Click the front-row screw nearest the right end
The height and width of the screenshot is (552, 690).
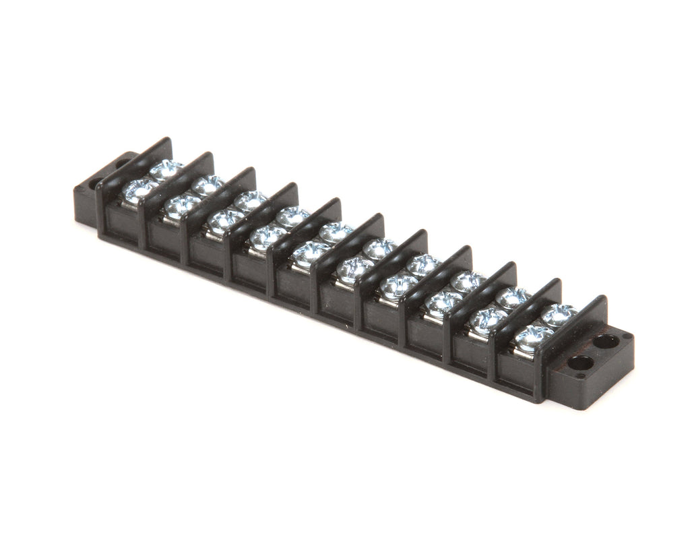click(534, 335)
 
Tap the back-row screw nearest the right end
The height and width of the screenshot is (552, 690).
click(559, 313)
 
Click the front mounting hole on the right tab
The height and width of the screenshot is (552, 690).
click(580, 364)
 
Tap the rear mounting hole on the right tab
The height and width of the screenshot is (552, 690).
click(606, 341)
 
